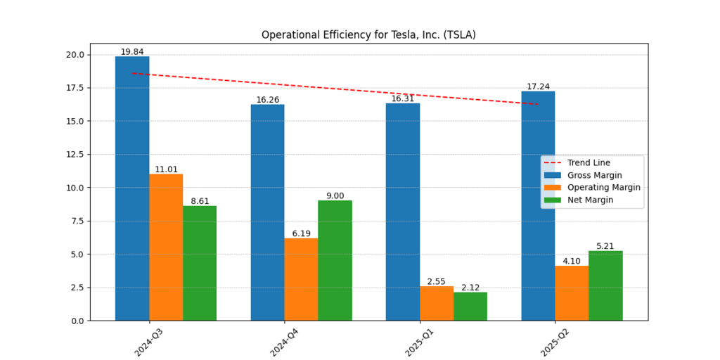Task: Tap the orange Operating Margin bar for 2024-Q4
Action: click(301, 279)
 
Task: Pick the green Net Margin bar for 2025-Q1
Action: click(470, 306)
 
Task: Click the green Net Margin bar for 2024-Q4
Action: click(335, 260)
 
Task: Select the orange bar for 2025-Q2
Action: click(572, 292)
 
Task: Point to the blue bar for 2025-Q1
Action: click(403, 212)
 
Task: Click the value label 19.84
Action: click(132, 52)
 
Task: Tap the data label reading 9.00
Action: click(335, 196)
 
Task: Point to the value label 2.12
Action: click(470, 288)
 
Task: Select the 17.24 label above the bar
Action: click(538, 86)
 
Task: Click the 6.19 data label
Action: click(301, 233)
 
